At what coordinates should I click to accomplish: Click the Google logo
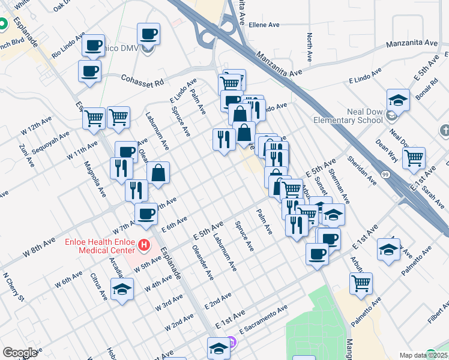coord(19,353)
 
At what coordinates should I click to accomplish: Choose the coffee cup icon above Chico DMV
coord(148,34)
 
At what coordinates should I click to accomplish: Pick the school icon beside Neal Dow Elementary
coord(398,100)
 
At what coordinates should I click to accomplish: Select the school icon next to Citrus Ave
coord(122,288)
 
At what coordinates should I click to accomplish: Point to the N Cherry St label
coord(13,287)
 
